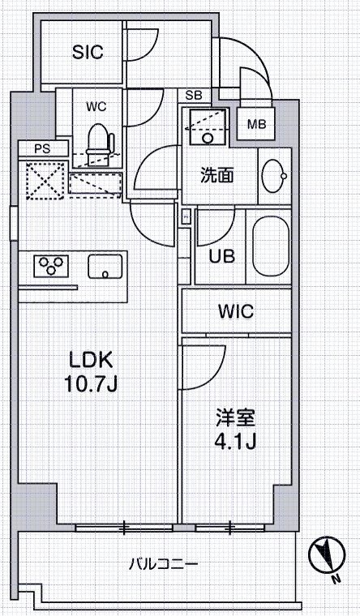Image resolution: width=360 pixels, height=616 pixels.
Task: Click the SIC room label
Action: (88, 53)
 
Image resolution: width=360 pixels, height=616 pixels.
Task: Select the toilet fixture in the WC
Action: (98, 140)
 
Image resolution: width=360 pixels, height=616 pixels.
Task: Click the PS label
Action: (40, 148)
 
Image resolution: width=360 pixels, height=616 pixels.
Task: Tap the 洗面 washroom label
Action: (218, 174)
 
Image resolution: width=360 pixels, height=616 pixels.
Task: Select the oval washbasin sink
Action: (273, 173)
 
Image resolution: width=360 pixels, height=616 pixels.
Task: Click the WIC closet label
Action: (236, 311)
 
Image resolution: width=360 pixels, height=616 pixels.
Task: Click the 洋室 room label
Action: (235, 419)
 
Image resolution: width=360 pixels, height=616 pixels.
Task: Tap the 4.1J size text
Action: (235, 443)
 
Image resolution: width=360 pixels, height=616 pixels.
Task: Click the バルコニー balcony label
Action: (163, 563)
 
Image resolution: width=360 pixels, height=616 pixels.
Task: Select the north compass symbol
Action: (326, 557)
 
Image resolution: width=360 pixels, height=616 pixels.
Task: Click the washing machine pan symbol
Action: (202, 128)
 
